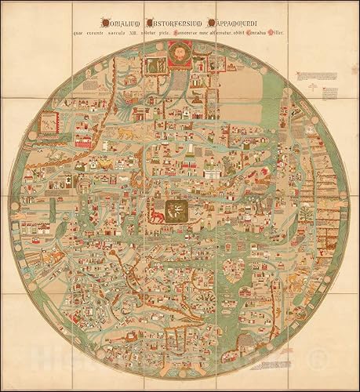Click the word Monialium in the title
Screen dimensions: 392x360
click(122, 23)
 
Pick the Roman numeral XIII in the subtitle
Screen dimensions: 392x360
click(144, 33)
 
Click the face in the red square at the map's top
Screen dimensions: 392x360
click(180, 53)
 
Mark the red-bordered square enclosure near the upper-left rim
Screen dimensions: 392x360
click(47, 122)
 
